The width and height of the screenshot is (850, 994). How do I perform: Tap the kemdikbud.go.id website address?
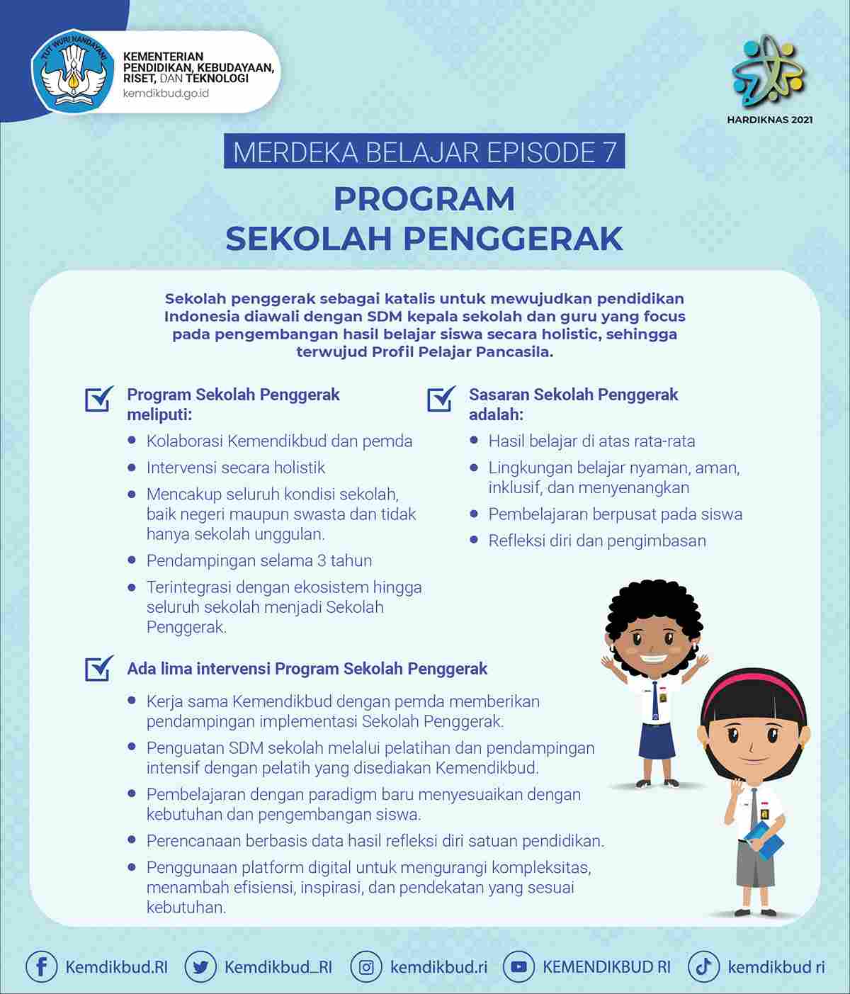coord(166,94)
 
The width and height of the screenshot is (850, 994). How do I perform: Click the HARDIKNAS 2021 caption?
coord(769,120)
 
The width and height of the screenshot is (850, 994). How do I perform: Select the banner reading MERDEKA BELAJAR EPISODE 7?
coord(424,152)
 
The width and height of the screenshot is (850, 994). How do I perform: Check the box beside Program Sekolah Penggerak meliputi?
coord(99,399)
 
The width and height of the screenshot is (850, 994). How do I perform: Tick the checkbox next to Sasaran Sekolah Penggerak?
coord(441,399)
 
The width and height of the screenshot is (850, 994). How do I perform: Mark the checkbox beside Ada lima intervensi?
coord(99,668)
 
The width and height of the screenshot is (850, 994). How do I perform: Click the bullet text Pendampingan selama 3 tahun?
coord(259,560)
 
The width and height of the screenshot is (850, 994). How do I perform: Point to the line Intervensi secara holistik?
coord(235,468)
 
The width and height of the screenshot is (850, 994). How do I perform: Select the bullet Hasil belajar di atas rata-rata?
coord(591,441)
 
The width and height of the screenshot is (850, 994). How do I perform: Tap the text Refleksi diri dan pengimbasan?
coord(596,541)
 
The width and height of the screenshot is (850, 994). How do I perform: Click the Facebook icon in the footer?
coord(41,966)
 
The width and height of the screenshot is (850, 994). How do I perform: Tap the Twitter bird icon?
coord(200,966)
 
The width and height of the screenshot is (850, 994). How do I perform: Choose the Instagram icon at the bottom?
coord(366,966)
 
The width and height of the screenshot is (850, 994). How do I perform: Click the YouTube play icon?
coord(518,966)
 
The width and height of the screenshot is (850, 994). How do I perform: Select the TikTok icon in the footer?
coord(703,966)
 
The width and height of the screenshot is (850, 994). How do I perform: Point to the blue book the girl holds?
coord(764,839)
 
